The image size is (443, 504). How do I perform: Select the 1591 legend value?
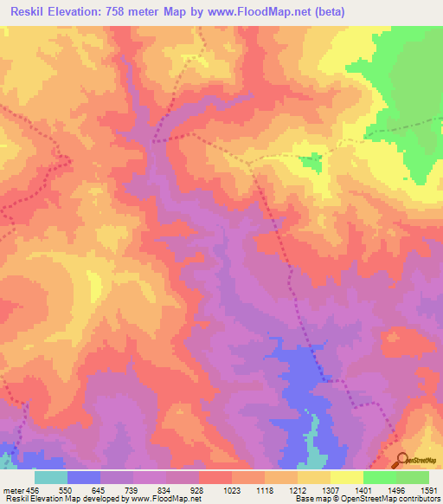[x=428, y=489]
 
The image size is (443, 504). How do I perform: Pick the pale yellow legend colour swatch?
[x=346, y=477]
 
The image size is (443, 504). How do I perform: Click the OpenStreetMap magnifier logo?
[x=400, y=459]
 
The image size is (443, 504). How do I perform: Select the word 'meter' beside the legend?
[x=12, y=489]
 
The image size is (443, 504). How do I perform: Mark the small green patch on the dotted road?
[x=309, y=158]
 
